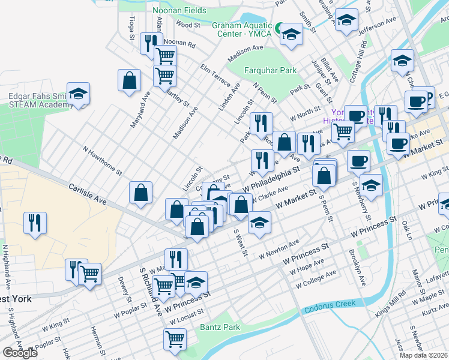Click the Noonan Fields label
[x=179, y=11]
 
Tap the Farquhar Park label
[x=271, y=70]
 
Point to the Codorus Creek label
[x=331, y=310]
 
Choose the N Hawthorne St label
[x=103, y=162]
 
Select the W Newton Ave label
[x=279, y=250]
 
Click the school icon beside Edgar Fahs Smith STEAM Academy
[x=78, y=94]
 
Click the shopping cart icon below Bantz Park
[x=175, y=339]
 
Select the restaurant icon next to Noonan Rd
[x=150, y=43]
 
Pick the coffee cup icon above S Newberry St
[x=358, y=160]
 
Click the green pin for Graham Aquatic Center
[x=279, y=28]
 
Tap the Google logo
[x=20, y=353]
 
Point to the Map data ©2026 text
[x=424, y=355]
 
